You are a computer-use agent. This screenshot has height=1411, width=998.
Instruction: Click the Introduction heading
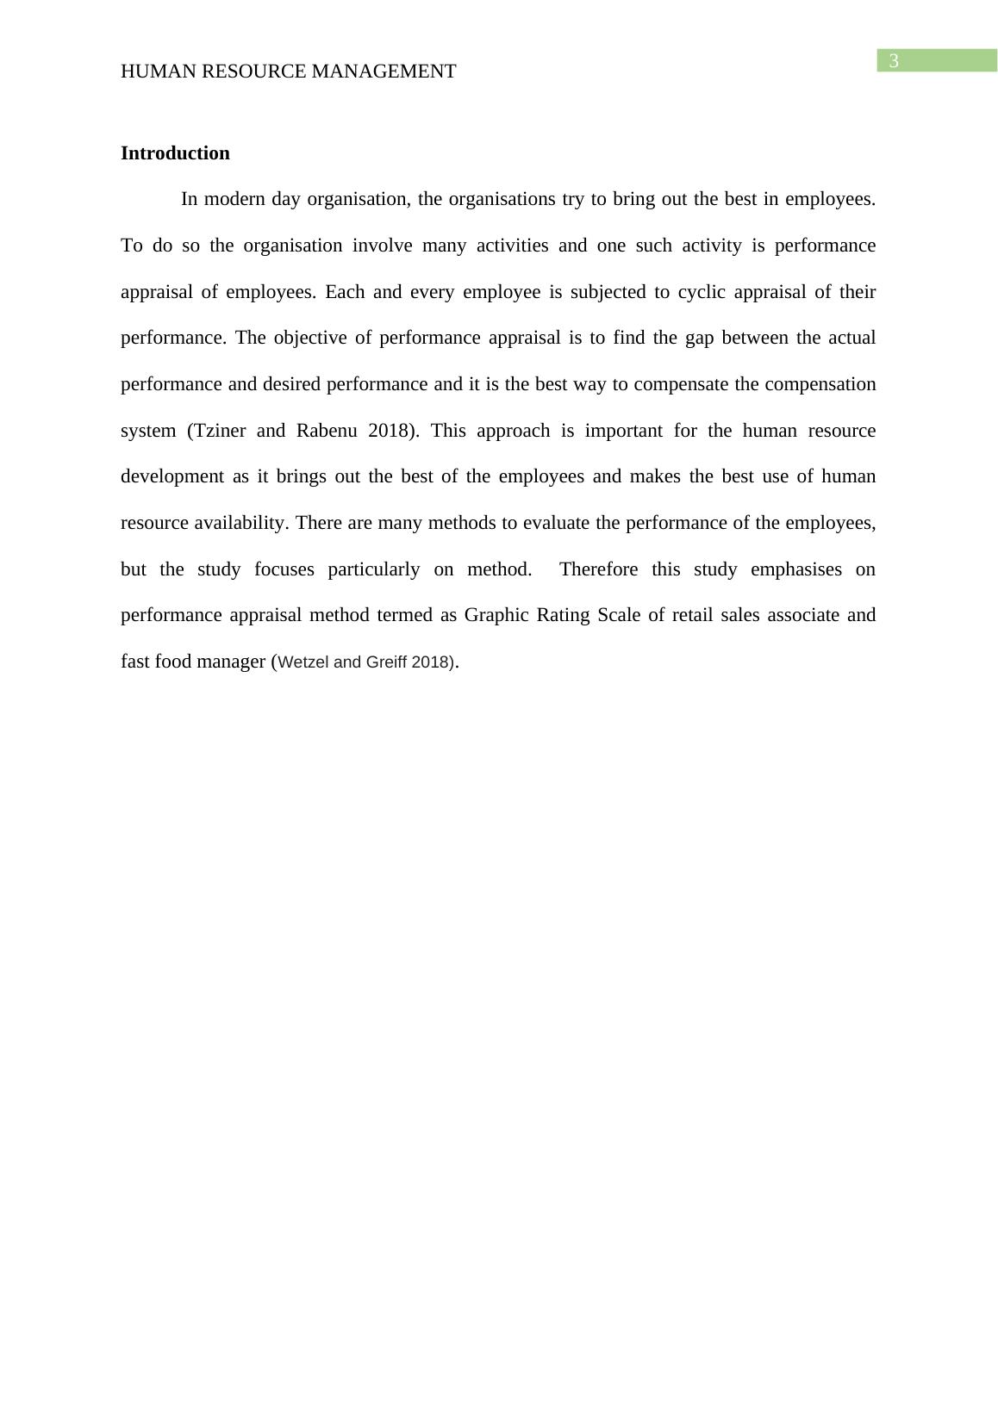point(175,153)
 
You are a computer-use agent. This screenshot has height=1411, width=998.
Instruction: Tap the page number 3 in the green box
point(894,61)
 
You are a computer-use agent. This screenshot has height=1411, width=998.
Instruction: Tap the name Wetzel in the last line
point(304,662)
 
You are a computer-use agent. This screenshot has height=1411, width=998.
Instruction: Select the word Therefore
point(599,569)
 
